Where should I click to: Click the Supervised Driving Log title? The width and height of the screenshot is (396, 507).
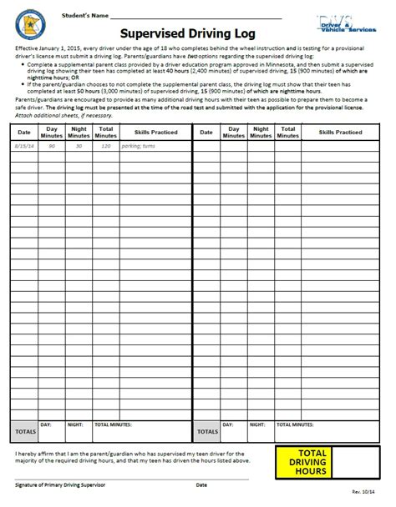click(197, 34)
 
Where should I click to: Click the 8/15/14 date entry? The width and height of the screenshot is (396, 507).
click(23, 145)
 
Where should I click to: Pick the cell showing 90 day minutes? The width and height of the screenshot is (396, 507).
click(52, 145)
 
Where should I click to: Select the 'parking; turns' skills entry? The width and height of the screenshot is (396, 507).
click(141, 145)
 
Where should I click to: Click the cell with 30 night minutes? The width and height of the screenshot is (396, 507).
click(79, 145)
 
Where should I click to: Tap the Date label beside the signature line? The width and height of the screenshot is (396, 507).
click(201, 484)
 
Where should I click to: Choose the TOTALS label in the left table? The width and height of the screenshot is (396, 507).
click(23, 432)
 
